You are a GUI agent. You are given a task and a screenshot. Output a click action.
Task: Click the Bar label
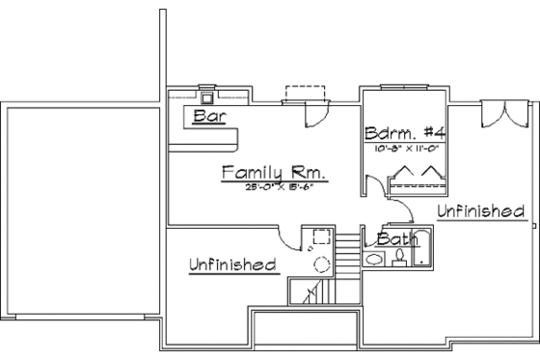(x=208, y=117)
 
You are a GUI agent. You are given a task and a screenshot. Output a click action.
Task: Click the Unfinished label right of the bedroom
(x=480, y=210)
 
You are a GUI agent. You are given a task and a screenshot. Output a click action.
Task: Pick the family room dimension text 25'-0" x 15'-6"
(x=274, y=186)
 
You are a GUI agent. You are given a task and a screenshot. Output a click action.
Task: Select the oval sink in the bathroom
(x=375, y=259)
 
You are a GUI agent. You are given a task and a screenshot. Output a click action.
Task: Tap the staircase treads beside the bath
(x=347, y=252)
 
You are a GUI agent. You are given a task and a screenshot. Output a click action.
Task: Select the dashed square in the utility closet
(x=315, y=240)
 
